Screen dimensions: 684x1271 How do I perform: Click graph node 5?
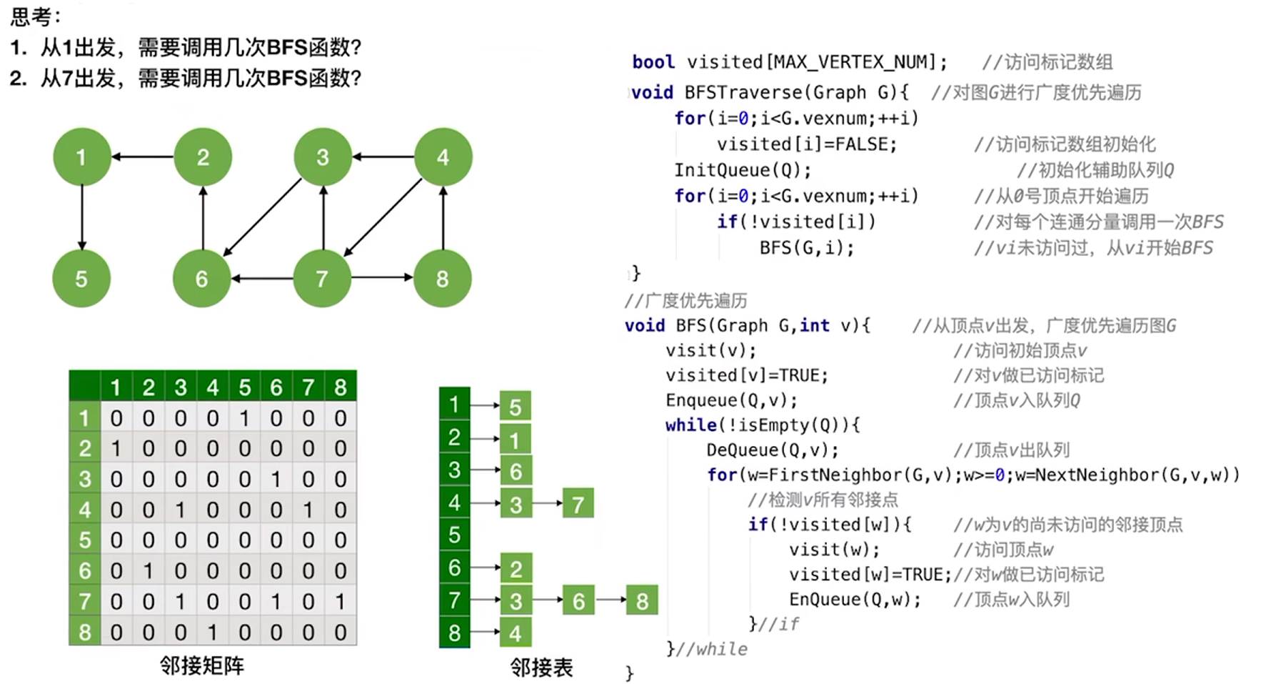click(81, 279)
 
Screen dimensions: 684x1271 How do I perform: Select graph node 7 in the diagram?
click(322, 279)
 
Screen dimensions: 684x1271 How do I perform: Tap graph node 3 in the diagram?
click(323, 157)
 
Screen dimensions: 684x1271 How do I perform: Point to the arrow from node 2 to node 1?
click(143, 157)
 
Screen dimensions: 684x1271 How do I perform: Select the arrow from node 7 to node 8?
click(382, 277)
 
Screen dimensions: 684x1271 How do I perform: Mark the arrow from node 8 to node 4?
click(443, 218)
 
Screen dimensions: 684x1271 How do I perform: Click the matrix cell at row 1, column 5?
click(245, 418)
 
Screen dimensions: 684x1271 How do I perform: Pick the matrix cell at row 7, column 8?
click(341, 602)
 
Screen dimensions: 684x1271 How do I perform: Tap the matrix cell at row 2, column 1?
click(116, 449)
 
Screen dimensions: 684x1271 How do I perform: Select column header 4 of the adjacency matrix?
click(213, 387)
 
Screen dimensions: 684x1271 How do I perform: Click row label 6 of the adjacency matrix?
click(85, 571)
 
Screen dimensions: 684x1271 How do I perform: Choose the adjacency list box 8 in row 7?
click(641, 600)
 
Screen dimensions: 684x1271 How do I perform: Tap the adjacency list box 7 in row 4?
click(578, 504)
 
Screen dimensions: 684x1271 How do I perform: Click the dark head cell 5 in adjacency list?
click(454, 535)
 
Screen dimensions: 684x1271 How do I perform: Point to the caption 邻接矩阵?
click(202, 666)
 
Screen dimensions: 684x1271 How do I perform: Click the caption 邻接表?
click(541, 668)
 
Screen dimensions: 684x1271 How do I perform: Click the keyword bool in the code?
click(653, 62)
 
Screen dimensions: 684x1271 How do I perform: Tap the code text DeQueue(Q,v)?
click(773, 450)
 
